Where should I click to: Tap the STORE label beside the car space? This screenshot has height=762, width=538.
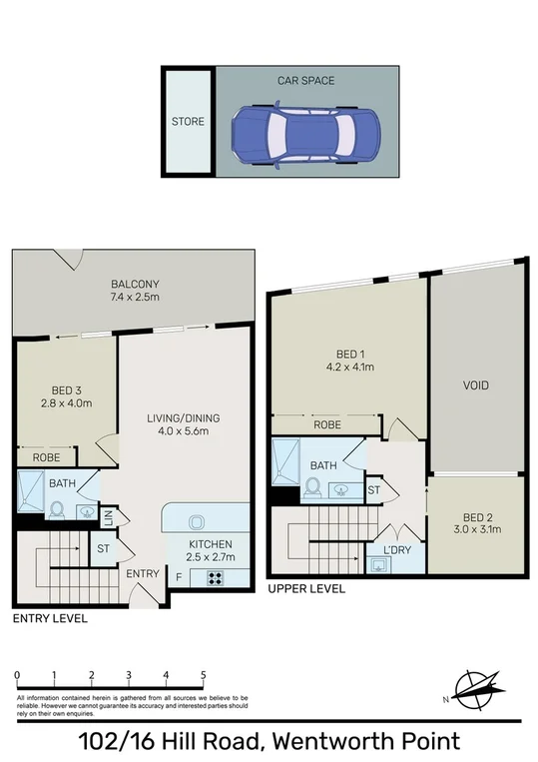pos(188,122)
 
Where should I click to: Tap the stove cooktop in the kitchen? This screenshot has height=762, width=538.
pos(215,577)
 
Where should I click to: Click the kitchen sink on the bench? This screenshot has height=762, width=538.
pos(196,520)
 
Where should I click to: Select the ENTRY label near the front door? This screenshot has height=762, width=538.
pos(142,573)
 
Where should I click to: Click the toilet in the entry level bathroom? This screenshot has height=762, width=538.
pos(57,508)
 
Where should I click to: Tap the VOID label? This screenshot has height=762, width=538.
pos(476,384)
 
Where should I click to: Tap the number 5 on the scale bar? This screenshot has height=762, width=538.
pos(204,675)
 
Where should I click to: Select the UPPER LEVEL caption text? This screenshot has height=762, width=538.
pos(306,589)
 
